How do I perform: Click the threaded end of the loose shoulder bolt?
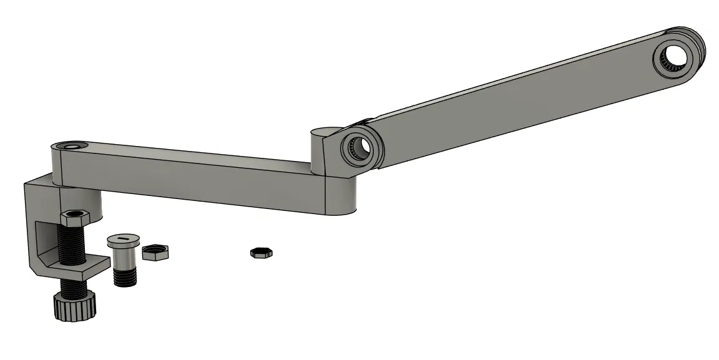click(x=124, y=275)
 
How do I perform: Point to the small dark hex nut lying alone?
click(x=262, y=253)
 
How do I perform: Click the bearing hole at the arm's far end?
click(x=673, y=59)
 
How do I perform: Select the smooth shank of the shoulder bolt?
click(x=122, y=254)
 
